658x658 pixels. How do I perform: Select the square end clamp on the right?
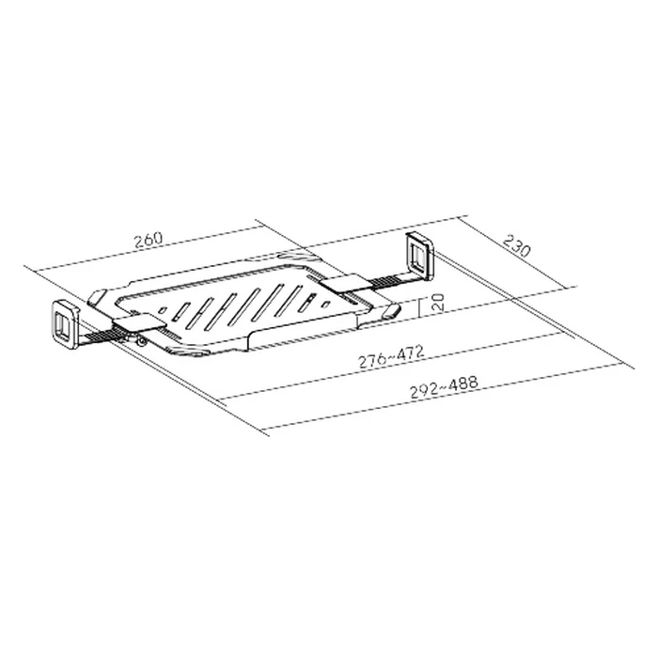(x=418, y=257)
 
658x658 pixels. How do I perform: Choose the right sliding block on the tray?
(x=343, y=281)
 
